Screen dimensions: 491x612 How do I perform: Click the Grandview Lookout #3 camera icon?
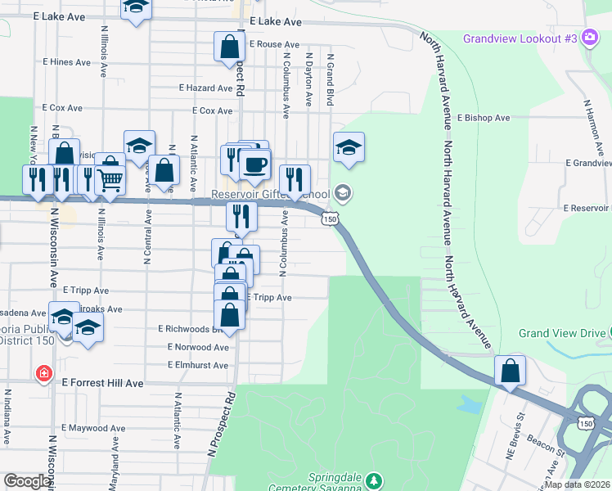pyautogui.click(x=589, y=38)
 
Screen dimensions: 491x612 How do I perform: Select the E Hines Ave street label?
pyautogui.click(x=66, y=62)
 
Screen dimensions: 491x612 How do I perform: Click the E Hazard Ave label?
pyautogui.click(x=205, y=88)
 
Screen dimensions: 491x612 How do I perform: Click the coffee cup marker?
pyautogui.click(x=255, y=164)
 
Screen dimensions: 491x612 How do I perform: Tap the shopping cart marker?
pyautogui.click(x=110, y=178)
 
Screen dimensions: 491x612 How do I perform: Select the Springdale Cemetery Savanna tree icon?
pyautogui.click(x=373, y=479)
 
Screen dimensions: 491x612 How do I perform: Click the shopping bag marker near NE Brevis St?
pyautogui.click(x=511, y=371)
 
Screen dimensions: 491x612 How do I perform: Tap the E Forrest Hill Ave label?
pyautogui.click(x=102, y=382)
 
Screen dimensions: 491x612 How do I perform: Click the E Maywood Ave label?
pyautogui.click(x=93, y=428)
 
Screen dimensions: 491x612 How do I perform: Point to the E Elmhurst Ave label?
pyautogui.click(x=198, y=365)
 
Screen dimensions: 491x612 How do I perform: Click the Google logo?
pyautogui.click(x=28, y=481)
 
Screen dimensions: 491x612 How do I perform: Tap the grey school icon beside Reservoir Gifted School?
pyautogui.click(x=343, y=194)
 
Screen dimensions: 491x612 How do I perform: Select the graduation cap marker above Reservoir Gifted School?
pyautogui.click(x=349, y=148)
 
